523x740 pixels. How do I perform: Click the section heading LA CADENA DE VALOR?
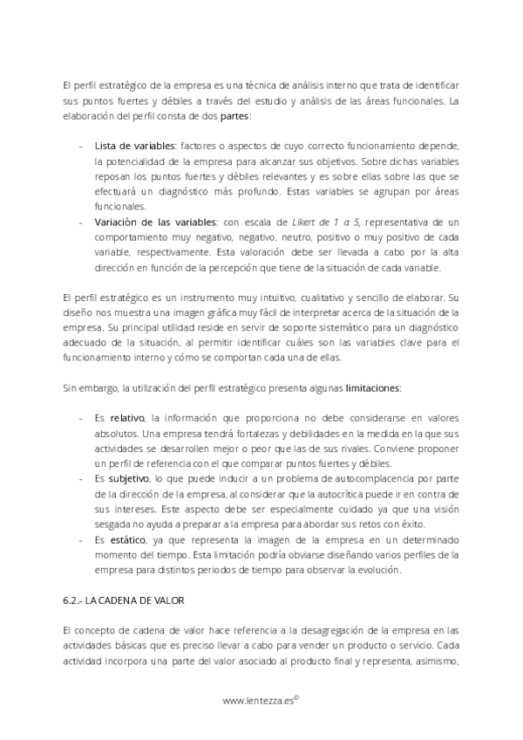point(134,601)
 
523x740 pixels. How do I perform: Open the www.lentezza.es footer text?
point(261,700)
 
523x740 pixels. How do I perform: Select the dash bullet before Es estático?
point(82,541)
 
